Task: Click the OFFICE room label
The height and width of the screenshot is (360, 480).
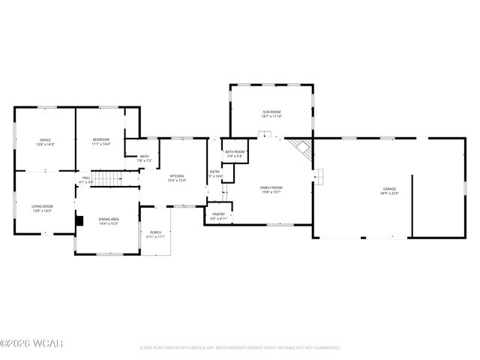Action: pos(45,139)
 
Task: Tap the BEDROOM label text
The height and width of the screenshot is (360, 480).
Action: pos(100,139)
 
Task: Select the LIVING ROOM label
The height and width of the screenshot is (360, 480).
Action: pos(42,206)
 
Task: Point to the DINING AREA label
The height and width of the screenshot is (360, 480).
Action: pos(108,219)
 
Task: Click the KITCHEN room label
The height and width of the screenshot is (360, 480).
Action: pos(176,175)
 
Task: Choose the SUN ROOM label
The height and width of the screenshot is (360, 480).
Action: pos(271,112)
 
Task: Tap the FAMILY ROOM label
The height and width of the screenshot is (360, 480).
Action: pos(271,187)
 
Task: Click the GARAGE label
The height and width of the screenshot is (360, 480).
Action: pos(389,189)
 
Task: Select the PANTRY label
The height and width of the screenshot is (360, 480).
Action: pos(218,214)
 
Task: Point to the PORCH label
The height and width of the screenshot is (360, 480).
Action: pos(155,232)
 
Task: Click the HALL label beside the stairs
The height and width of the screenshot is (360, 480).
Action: pos(85,178)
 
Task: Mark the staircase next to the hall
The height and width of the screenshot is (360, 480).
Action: pos(110,178)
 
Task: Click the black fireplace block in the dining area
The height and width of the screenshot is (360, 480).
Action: pos(78,221)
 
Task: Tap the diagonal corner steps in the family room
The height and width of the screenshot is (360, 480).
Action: pos(301,148)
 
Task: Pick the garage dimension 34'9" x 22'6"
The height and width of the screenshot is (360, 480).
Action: pos(389,193)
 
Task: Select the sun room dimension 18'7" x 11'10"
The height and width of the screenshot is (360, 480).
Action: pos(271,116)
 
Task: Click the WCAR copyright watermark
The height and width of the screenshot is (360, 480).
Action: pos(22,346)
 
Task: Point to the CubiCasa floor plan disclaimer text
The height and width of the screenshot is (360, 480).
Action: pos(239,348)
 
